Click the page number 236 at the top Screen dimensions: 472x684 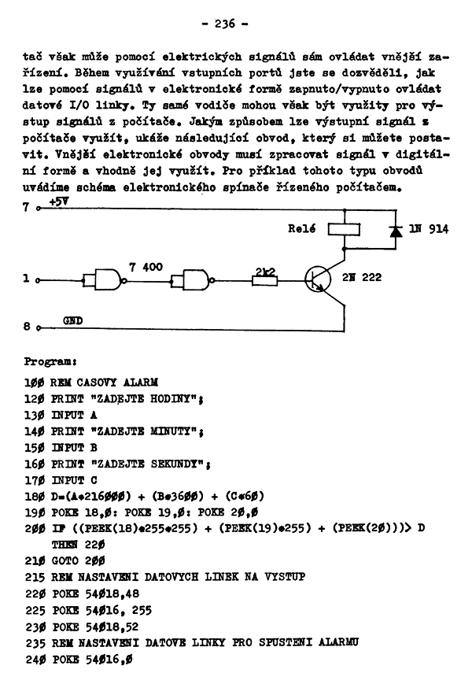pyautogui.click(x=225, y=24)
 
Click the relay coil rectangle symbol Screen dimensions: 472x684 pyautogui.click(x=344, y=230)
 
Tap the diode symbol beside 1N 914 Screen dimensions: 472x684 pyautogui.click(x=396, y=231)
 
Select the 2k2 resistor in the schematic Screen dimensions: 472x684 pyautogui.click(x=264, y=280)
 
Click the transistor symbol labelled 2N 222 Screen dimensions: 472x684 pyautogui.click(x=318, y=280)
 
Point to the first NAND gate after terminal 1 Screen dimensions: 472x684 pyautogui.click(x=105, y=280)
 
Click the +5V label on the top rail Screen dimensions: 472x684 pyautogui.click(x=59, y=202)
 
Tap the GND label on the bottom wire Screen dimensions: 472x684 pyautogui.click(x=73, y=320)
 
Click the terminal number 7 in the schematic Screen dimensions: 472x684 pyautogui.click(x=26, y=207)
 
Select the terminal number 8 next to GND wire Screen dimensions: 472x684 pyautogui.click(x=27, y=327)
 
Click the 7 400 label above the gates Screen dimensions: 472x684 pyautogui.click(x=146, y=267)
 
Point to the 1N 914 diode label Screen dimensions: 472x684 pyautogui.click(x=429, y=229)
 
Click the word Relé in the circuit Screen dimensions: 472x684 pyautogui.click(x=301, y=228)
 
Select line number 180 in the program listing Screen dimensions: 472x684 pyautogui.click(x=35, y=497)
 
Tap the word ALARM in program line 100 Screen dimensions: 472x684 pyautogui.click(x=140, y=383)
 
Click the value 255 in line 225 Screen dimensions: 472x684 pyautogui.click(x=142, y=610)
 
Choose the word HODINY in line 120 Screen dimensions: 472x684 pyautogui.click(x=171, y=399)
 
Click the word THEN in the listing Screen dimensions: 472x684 pyautogui.click(x=65, y=545)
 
